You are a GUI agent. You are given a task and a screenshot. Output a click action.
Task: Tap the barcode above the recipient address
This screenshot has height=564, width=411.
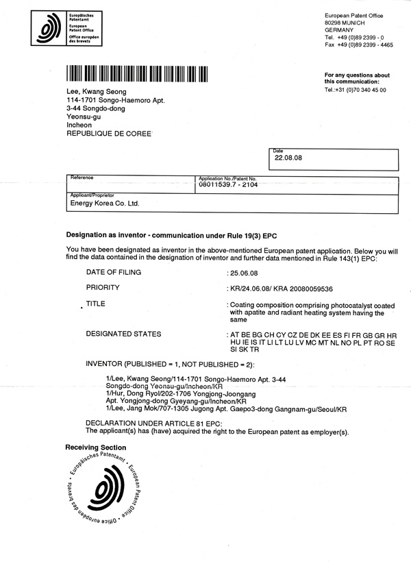coord(139,75)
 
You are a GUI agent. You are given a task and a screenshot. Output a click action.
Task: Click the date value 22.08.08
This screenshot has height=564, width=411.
coord(288,157)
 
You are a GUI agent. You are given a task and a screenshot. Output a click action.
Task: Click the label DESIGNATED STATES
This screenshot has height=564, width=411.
coord(123,334)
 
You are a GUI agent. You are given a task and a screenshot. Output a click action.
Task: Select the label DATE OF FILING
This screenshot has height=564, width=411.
coord(113,272)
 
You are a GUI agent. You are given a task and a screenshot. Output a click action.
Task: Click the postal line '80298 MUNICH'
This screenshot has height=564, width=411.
coord(349,23)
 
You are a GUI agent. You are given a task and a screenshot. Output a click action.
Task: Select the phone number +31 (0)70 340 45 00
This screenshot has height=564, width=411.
coord(355,90)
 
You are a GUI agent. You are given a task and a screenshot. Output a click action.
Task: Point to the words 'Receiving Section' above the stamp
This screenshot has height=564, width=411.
coord(96,447)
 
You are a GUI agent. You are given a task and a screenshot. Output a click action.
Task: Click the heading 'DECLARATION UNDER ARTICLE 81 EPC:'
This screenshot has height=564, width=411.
coord(145,424)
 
